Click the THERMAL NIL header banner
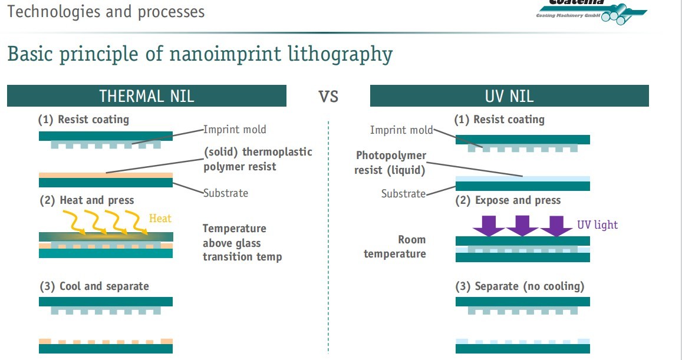146,96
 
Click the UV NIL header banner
509,96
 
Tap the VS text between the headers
328,96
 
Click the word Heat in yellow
160,219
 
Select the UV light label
597,224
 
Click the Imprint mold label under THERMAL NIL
235,130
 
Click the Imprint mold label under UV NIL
401,130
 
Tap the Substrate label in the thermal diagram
226,193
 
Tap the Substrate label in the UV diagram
403,193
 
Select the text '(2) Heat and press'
87,200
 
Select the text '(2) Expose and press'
508,200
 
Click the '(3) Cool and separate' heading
94,286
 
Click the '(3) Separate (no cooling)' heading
519,286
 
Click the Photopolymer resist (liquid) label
390,163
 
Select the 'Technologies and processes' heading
106,11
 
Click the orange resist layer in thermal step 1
106,175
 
